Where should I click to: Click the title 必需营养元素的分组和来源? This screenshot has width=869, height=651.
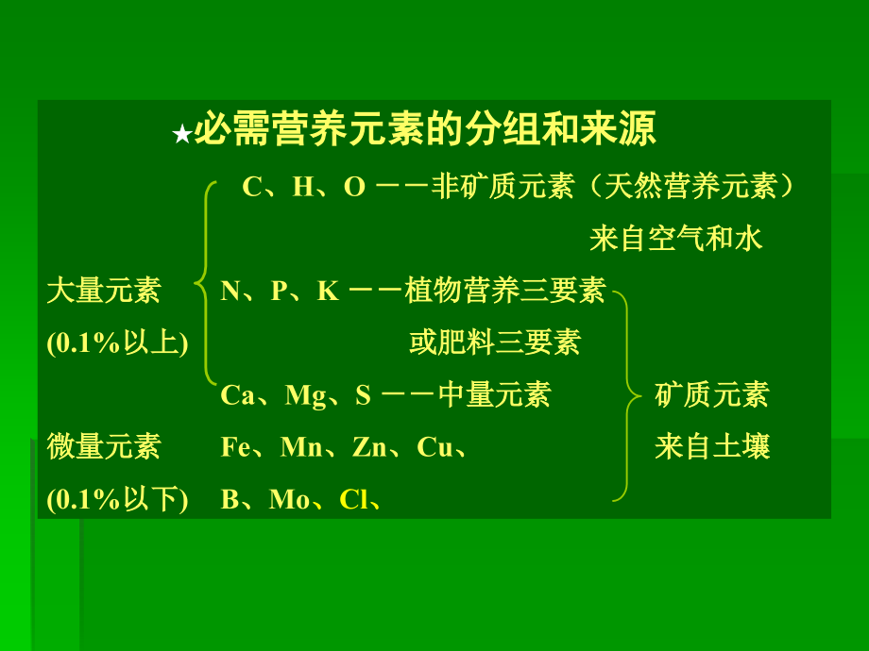tap(424, 131)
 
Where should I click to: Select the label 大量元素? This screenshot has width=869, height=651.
tap(104, 290)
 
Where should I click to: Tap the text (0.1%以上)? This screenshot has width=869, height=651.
tap(118, 342)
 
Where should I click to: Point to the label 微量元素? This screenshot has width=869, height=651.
tap(104, 445)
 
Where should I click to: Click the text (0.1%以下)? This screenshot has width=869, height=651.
tap(118, 498)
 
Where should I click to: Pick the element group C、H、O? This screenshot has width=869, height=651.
tap(303, 187)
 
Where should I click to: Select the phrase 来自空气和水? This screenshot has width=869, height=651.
tap(675, 239)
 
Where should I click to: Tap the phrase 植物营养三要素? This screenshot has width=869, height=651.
tap(504, 291)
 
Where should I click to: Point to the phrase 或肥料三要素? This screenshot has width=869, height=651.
tap(495, 342)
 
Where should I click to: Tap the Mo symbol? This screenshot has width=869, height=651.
tap(289, 499)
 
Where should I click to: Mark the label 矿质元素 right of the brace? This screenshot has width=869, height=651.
tap(712, 394)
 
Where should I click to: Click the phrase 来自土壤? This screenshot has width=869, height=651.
tap(712, 446)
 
